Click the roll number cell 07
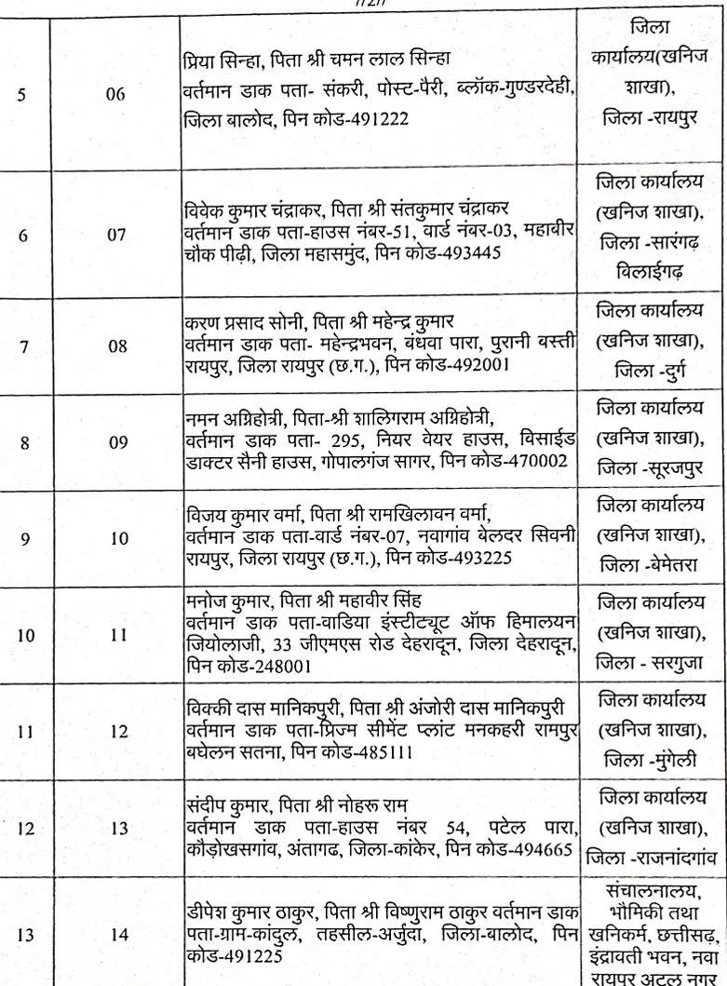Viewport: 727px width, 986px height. (116, 235)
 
